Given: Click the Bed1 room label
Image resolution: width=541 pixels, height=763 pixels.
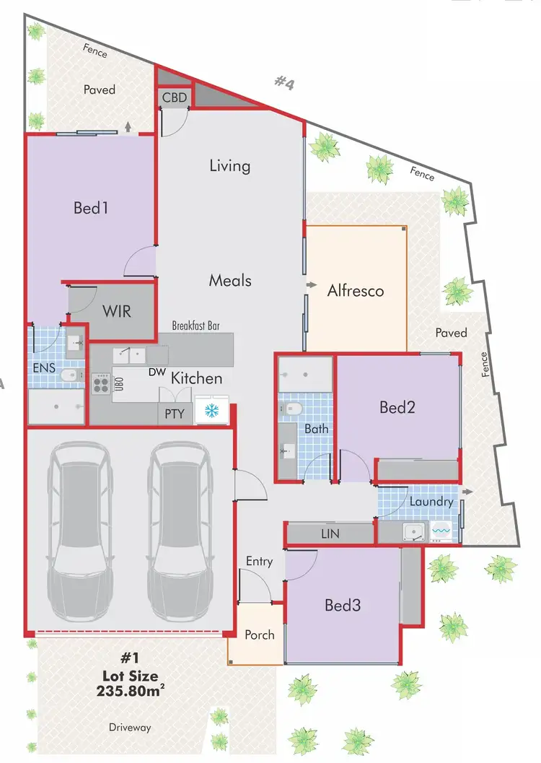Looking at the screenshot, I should click(91, 208).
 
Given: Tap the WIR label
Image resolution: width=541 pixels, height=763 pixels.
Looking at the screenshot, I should click(116, 311).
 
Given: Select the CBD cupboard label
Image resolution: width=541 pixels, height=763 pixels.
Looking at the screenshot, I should click(175, 97).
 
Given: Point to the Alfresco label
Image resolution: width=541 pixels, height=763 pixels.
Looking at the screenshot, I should click(355, 291).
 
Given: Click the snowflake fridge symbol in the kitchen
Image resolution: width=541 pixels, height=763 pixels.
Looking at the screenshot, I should click(211, 411).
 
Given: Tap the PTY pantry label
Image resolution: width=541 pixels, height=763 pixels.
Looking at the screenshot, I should click(174, 414).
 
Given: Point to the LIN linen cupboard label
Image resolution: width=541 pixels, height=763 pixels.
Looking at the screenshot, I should click(329, 534).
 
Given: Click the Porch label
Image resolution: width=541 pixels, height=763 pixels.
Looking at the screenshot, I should click(259, 635).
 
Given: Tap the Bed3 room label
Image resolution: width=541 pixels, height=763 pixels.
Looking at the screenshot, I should click(342, 605).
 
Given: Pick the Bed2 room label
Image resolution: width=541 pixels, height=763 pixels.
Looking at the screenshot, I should click(397, 407).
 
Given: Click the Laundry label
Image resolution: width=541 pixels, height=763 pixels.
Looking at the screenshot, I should click(431, 501).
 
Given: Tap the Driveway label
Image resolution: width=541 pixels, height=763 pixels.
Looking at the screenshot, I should click(131, 728).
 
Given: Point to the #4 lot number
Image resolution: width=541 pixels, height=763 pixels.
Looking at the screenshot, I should click(284, 83).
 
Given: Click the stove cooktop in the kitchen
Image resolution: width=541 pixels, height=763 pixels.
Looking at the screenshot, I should click(100, 384).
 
